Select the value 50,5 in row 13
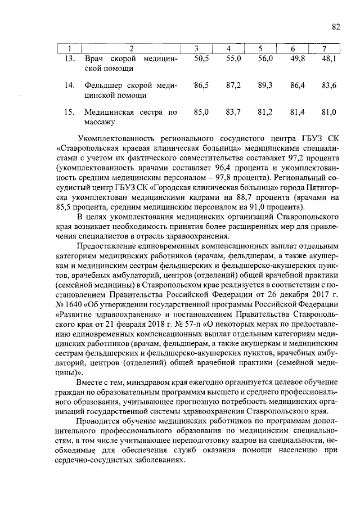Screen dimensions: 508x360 201,59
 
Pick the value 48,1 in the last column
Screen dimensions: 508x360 328,59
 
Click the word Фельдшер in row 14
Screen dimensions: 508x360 104,85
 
